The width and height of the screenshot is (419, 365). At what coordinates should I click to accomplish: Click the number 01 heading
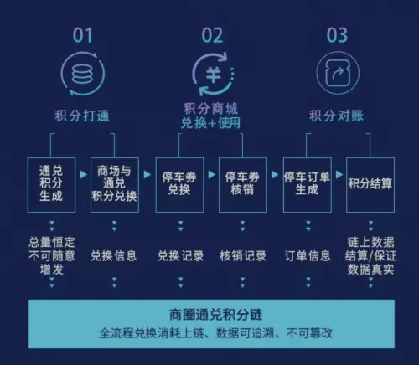tap(83, 35)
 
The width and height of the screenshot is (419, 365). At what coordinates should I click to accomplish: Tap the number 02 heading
tap(212, 35)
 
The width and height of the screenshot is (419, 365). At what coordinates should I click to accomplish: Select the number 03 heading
tap(337, 35)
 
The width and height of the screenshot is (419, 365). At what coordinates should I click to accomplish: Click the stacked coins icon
tap(83, 74)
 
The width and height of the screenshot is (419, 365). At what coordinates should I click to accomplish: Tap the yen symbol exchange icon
tap(213, 75)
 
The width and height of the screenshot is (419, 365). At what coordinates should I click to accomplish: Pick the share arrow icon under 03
tap(338, 73)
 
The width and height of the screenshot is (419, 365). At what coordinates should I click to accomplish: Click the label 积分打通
tap(82, 116)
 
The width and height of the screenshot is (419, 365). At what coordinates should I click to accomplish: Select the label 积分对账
tap(336, 116)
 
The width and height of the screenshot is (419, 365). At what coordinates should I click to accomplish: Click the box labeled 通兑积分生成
tap(51, 185)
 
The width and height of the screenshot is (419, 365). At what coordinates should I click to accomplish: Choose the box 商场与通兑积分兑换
tap(115, 185)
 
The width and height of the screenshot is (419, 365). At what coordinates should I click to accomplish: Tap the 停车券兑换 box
tap(179, 185)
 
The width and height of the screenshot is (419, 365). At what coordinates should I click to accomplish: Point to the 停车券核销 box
tap(243, 185)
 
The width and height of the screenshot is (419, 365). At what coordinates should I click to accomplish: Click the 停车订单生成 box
tap(308, 185)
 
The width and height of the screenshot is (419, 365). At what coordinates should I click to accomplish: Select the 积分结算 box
tap(370, 185)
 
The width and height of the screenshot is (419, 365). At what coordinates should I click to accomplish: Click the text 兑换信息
tap(113, 256)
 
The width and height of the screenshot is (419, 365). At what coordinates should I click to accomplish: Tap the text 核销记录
tap(243, 256)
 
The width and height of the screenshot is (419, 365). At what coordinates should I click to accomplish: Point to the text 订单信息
tap(308, 256)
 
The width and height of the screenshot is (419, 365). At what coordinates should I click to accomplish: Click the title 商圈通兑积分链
tap(215, 315)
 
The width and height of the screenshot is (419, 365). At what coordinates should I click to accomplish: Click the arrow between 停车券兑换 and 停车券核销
tap(212, 175)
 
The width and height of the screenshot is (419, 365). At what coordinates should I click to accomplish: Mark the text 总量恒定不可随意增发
tap(52, 256)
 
